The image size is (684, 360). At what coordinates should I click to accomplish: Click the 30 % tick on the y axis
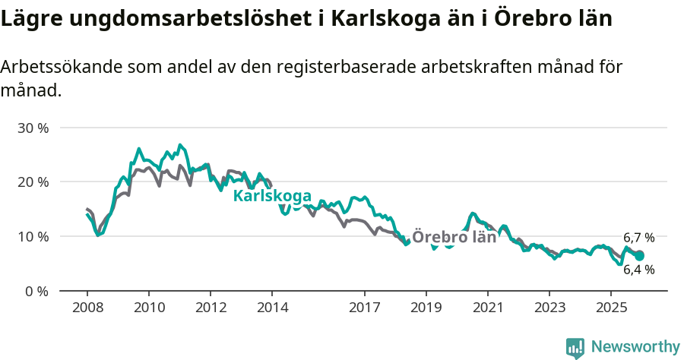coord(33,128)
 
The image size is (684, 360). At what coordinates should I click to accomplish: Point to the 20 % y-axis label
coord(33,182)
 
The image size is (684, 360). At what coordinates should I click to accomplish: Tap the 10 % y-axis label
coord(33,237)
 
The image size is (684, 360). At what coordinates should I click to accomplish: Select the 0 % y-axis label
coord(36,291)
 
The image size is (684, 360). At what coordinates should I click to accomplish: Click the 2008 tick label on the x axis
coord(87,308)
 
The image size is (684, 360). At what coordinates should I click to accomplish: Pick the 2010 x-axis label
coord(148,308)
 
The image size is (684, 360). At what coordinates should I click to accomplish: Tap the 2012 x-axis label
coord(210,308)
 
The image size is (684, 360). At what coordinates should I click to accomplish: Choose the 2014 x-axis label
coord(271,308)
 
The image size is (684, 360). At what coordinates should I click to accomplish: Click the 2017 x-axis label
coord(364,308)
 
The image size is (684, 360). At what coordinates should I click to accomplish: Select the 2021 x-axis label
coord(487,308)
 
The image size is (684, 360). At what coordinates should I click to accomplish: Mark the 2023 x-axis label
coord(549,308)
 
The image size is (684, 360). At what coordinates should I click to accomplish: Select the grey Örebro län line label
coord(454,237)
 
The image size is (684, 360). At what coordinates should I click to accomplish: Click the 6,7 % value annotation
coord(638,238)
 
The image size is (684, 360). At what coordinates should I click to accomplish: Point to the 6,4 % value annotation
coord(638,270)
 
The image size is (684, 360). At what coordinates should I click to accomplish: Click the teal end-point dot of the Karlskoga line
coord(639,256)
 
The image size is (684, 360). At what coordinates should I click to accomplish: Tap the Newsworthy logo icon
coord(575,348)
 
